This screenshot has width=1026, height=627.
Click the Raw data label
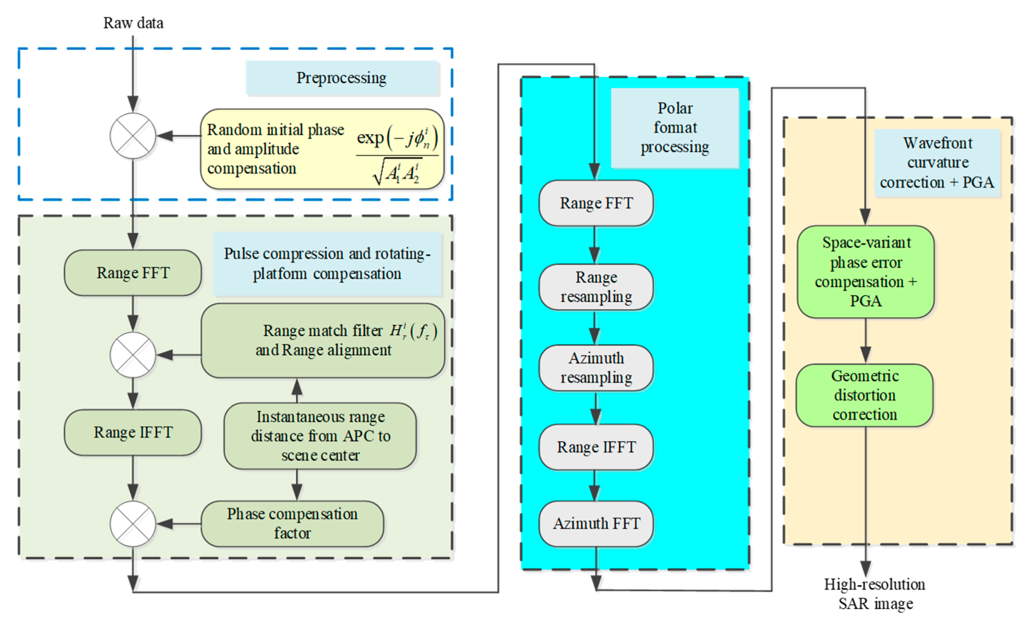point(133,23)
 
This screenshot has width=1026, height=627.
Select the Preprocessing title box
point(342,78)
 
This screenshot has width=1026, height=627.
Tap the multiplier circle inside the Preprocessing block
point(133,136)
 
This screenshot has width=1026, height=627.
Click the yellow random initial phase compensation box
point(322,149)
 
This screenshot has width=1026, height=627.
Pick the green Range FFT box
point(133,273)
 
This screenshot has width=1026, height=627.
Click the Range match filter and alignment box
point(323,341)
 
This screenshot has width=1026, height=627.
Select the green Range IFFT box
point(133,432)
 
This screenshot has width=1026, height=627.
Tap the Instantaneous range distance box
point(320,436)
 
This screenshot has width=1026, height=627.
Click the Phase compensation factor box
point(292,524)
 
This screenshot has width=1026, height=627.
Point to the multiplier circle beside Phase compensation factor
point(133,524)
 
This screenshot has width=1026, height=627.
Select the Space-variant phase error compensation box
point(865,272)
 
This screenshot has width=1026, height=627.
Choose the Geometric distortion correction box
point(864,395)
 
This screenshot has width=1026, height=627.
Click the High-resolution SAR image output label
point(875,594)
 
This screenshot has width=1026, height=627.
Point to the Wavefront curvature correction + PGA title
point(937,163)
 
